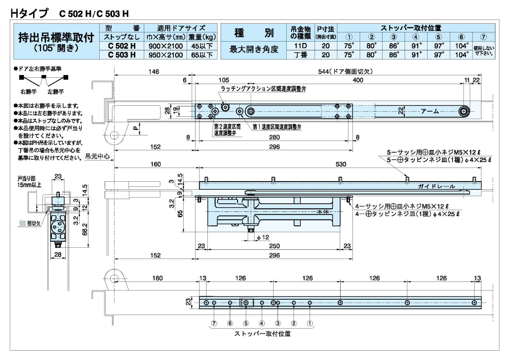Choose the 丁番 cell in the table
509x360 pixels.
300,54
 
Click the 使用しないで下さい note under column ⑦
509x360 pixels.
484,50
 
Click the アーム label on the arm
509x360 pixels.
430,111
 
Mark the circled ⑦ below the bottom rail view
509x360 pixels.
214,323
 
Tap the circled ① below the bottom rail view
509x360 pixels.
310,323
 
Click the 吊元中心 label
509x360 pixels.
98,156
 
